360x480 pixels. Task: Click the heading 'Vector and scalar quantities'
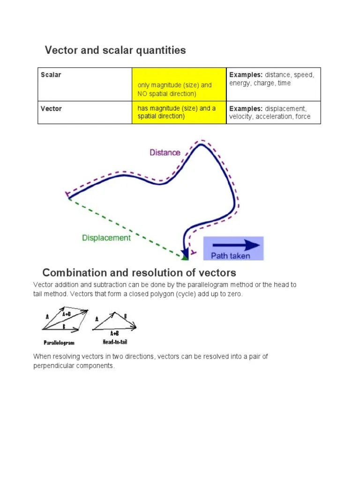tap(115, 50)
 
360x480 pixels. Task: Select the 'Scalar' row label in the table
tap(51, 75)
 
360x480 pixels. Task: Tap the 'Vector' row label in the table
tap(52, 109)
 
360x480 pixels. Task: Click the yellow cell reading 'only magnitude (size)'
tap(174, 90)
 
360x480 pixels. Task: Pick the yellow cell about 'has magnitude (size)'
tap(177, 112)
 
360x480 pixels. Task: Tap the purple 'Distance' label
tap(165, 152)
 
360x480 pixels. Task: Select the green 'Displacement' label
tap(106, 238)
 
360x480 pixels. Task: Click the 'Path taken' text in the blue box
tap(230, 256)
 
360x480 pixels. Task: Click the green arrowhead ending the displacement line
tap(185, 256)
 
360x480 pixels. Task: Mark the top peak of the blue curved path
tap(202, 144)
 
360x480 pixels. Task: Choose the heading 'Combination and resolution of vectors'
tap(139, 273)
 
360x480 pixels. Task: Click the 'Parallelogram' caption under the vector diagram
tap(59, 342)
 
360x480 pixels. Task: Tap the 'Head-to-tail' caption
tap(115, 342)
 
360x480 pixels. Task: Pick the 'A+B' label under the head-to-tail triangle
tap(114, 333)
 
